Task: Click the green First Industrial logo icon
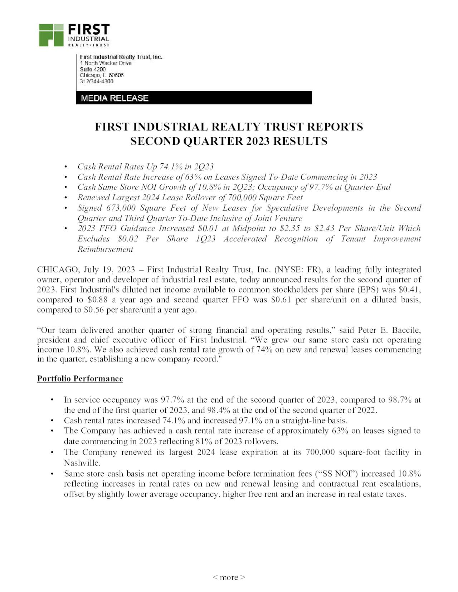(51, 35)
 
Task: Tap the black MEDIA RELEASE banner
(194, 98)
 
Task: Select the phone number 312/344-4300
(96, 82)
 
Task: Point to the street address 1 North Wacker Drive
(106, 63)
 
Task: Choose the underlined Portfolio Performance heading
(80, 379)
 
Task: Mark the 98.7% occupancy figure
(400, 400)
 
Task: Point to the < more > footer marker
(229, 577)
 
